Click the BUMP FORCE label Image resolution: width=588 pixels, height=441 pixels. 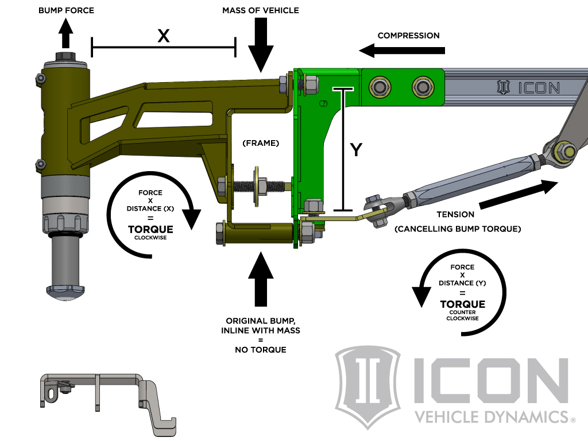click(66, 11)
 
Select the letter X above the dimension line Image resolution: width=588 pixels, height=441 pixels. click(164, 36)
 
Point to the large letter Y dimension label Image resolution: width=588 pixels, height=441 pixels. click(357, 150)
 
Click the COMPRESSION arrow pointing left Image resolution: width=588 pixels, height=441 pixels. click(403, 51)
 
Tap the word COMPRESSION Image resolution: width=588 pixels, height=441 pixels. click(408, 36)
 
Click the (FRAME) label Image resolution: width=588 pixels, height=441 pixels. click(260, 143)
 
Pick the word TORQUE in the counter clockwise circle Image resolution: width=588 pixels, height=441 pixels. click(462, 304)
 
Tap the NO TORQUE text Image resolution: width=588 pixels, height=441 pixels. click(261, 349)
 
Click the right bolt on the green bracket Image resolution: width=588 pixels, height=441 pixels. click(423, 87)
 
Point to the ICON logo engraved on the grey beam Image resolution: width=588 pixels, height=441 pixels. click(528, 87)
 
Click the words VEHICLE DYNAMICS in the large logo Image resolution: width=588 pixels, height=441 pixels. click(490, 416)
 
